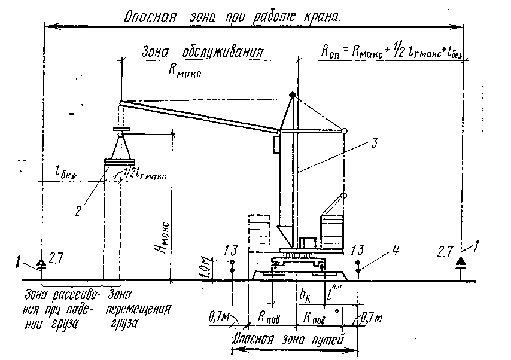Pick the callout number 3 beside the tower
pyautogui.click(x=373, y=143)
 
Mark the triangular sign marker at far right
pyautogui.click(x=461, y=261)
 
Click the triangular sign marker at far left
pyautogui.click(x=41, y=262)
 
